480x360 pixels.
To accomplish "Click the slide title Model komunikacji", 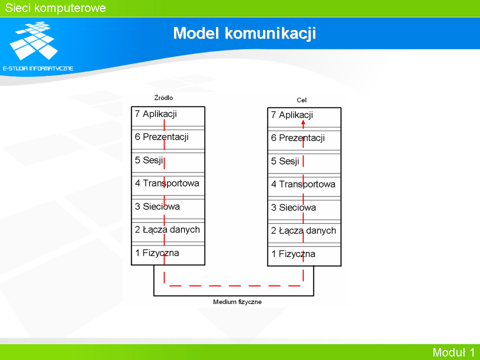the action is (244, 33).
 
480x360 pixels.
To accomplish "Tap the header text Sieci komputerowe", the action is (55, 8).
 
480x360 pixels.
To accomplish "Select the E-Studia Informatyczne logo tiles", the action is (33, 40).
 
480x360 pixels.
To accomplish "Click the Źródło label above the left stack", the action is (163, 97).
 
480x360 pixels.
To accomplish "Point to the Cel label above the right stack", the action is (301, 100).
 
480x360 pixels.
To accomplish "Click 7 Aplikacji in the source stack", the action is (156, 114).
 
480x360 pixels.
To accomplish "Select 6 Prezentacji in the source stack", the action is (161, 137).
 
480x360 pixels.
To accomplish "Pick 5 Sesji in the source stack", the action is (149, 160).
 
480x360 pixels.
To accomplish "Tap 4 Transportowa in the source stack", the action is (167, 183).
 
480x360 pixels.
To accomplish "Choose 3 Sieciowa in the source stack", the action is (157, 206).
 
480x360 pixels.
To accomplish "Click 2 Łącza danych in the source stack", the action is (167, 229).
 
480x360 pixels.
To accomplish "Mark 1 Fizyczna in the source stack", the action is (157, 253).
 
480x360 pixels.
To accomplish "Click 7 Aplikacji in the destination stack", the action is (292, 115).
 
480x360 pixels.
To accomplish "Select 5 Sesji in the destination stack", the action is (285, 161).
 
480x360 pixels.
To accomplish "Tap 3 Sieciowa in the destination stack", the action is (293, 207).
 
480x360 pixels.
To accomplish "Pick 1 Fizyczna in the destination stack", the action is (293, 254).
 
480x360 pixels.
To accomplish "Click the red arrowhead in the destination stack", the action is (303, 123).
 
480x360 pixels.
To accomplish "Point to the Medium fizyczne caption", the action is (237, 302).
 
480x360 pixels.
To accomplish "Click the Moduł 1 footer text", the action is (453, 352).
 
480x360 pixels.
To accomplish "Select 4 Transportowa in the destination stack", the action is (303, 184).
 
